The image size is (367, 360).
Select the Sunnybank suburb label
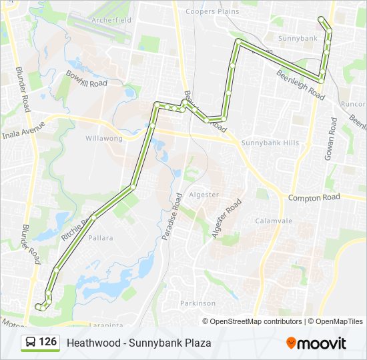pos(298,39)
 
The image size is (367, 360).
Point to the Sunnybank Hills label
pos(270,143)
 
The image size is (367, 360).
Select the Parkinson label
pos(198,303)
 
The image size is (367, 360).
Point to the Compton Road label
pos(314,197)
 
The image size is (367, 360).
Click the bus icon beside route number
pos(31,343)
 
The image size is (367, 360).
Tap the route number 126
pos(48,342)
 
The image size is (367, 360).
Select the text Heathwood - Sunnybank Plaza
pos(139,343)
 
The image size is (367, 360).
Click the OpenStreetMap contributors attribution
pos(256,321)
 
